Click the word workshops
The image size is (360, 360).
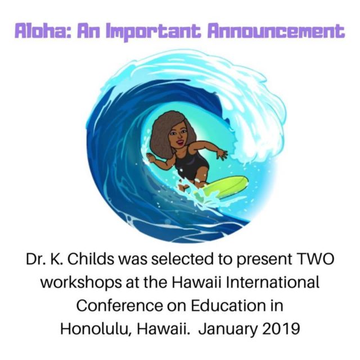tap(81, 282)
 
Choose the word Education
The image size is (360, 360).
tap(226, 305)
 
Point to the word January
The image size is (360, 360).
tap(228, 329)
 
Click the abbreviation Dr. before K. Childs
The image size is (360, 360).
tap(34, 259)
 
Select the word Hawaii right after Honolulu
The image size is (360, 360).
tap(163, 328)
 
